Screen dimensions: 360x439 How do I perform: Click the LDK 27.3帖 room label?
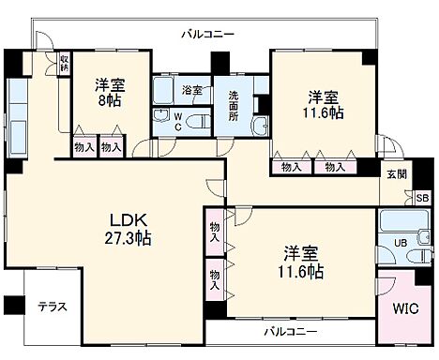[128, 230]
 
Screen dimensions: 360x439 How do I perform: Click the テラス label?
[53, 307]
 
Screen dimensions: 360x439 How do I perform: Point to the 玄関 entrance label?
[396, 174]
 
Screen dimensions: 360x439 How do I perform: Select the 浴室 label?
[192, 91]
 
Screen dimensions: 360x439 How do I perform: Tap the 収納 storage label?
[64, 65]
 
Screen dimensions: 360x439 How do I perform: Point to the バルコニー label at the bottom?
[289, 332]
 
